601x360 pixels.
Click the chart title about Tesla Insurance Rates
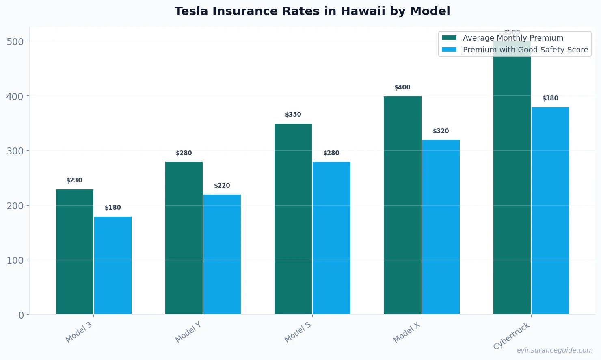[x=312, y=11]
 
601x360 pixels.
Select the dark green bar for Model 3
[x=75, y=252]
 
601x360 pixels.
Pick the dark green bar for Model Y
[x=184, y=238]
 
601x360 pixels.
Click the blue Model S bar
[x=331, y=238]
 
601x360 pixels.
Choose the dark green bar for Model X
[x=402, y=205]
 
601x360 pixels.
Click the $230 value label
[x=74, y=180]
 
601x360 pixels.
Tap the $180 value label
[x=113, y=208]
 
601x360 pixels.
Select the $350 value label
[x=293, y=115]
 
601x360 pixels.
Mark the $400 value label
[x=402, y=87]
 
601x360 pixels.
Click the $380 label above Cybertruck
[x=550, y=98]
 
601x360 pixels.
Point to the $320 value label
[x=441, y=131]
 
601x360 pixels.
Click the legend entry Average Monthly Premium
[x=513, y=38]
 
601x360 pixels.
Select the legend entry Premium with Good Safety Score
[x=525, y=50]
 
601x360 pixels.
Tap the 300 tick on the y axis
[x=15, y=151]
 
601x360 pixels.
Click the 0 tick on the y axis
[x=21, y=315]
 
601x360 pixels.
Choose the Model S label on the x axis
[x=298, y=332]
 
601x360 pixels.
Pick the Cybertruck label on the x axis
[x=512, y=336]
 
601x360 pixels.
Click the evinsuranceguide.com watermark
[x=554, y=350]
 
